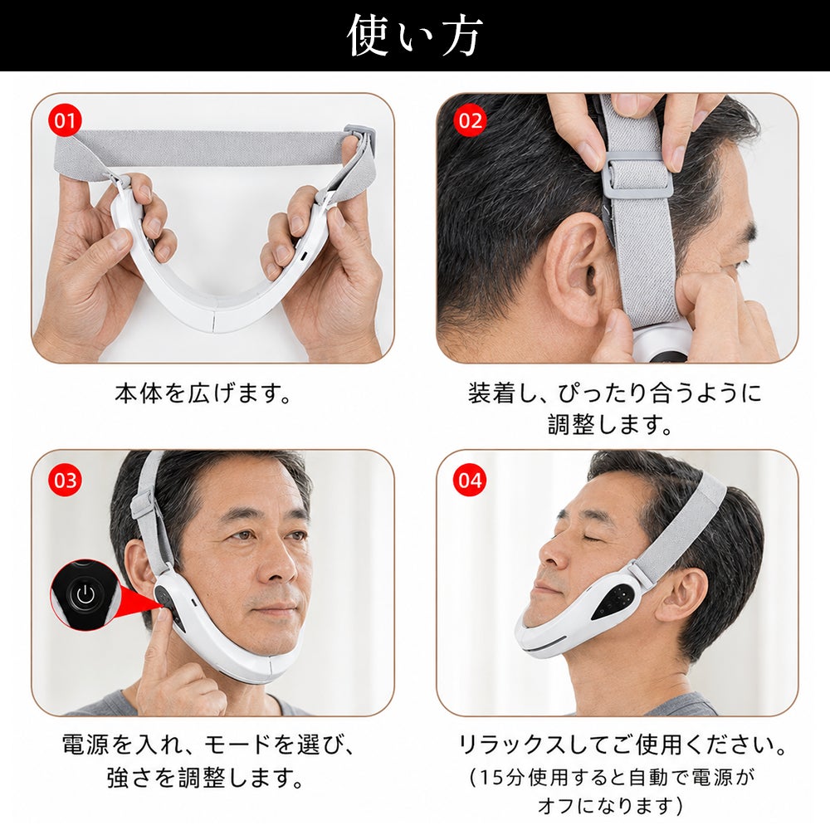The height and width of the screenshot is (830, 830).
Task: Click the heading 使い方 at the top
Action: pyautogui.click(x=414, y=36)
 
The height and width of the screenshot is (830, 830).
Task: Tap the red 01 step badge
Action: pyautogui.click(x=65, y=120)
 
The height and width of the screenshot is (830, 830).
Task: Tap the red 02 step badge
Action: pyautogui.click(x=470, y=120)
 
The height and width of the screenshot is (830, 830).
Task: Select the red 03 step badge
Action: pyautogui.click(x=65, y=481)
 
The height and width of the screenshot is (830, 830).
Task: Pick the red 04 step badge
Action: pyautogui.click(x=470, y=481)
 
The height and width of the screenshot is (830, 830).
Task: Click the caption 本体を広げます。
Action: pyautogui.click(x=203, y=393)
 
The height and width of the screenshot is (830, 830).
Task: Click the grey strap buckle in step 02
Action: pyautogui.click(x=637, y=173)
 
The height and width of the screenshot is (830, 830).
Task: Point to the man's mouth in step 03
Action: pyautogui.click(x=276, y=608)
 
